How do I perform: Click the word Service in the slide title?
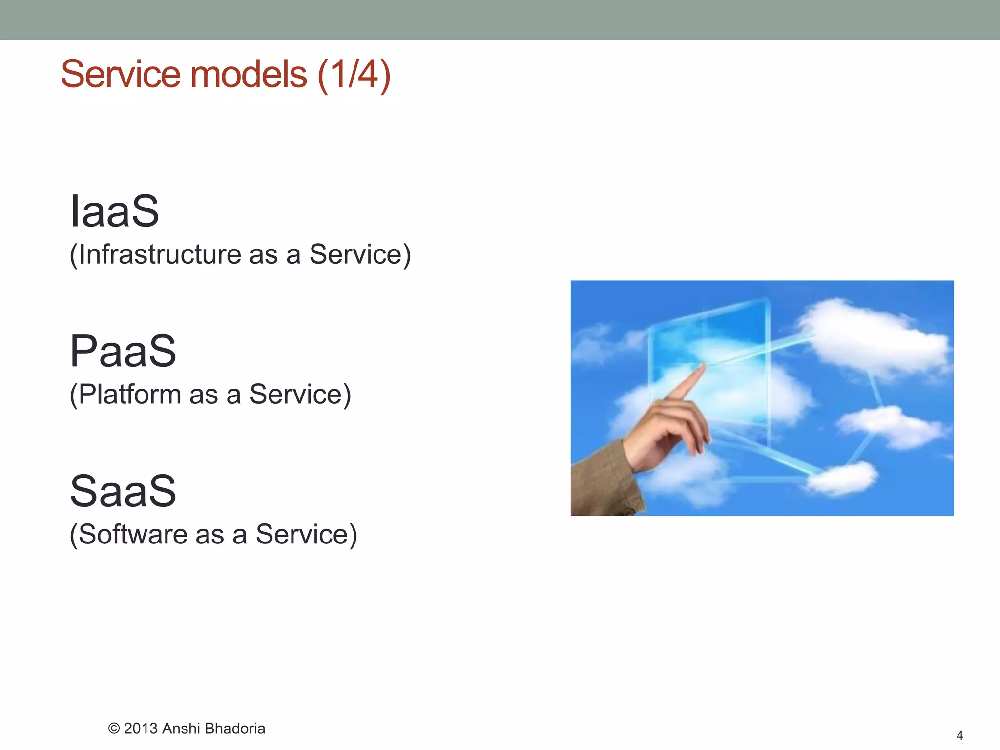(121, 74)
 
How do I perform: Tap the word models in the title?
(249, 74)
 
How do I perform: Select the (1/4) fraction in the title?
(354, 74)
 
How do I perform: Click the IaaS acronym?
(114, 211)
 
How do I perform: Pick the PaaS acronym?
(123, 351)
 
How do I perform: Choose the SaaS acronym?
(123, 491)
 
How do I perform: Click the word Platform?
(129, 395)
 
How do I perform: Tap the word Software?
(132, 534)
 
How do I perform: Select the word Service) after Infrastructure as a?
(360, 254)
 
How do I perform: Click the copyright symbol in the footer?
(114, 729)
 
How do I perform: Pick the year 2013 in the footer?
(141, 729)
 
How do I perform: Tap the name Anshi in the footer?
(181, 729)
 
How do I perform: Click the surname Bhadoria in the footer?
(235, 729)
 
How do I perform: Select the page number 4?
(959, 735)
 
